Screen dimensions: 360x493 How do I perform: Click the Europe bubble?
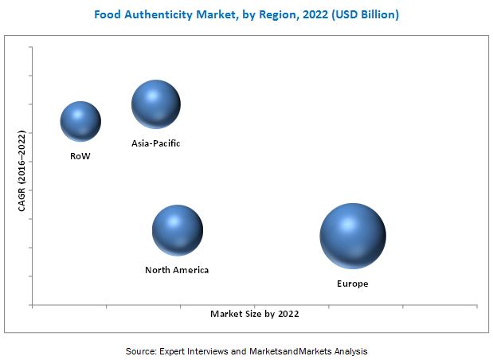click(x=353, y=236)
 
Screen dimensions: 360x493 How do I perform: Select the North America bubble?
click(x=177, y=230)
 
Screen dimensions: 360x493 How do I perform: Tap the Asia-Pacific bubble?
click(x=155, y=104)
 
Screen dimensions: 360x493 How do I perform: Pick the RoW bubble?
click(x=80, y=121)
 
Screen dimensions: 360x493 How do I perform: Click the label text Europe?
click(x=352, y=284)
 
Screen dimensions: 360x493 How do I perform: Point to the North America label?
click(x=177, y=270)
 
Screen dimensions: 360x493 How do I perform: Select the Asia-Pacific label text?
click(x=156, y=143)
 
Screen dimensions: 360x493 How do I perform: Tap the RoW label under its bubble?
click(x=80, y=156)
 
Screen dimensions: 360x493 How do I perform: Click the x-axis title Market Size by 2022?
click(x=255, y=314)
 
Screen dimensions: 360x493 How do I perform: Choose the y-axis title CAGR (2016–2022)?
click(x=22, y=170)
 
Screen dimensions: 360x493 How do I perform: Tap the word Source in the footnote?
click(x=140, y=350)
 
